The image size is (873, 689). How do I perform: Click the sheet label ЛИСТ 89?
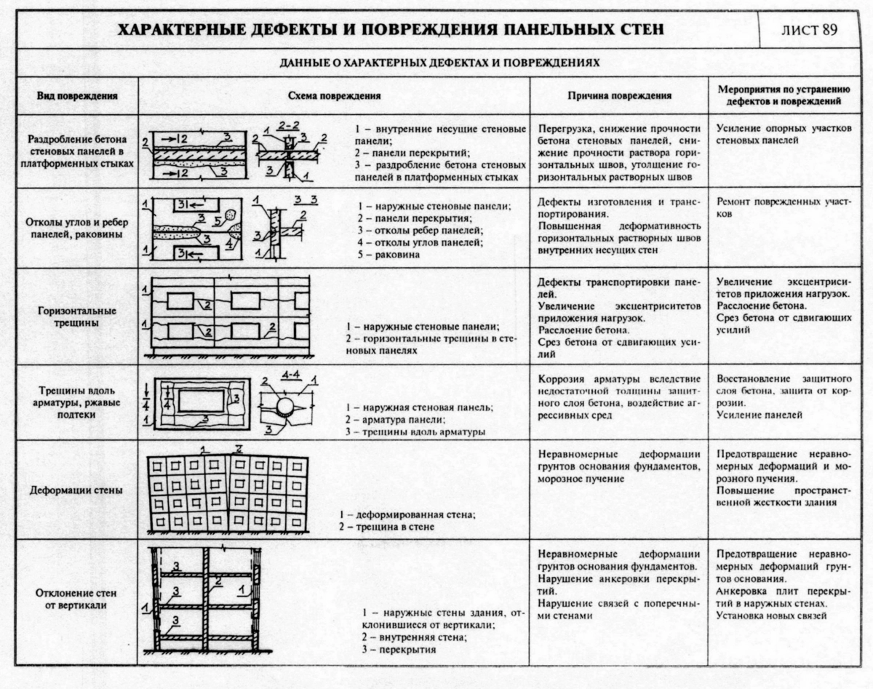coord(809,30)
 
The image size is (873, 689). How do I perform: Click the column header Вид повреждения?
coord(77,96)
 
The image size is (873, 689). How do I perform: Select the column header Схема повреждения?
coord(334,96)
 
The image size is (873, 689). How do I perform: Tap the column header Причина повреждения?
coord(619,96)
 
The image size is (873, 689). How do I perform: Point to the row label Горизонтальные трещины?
coord(76,317)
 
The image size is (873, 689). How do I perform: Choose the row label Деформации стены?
coord(76,490)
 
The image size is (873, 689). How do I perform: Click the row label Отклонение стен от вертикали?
coord(76,599)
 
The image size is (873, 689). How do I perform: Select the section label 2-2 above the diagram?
coord(287,126)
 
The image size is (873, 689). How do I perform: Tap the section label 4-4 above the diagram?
coord(290,375)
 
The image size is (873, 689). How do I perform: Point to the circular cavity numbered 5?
coord(231,215)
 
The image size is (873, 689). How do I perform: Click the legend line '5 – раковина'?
coord(388,255)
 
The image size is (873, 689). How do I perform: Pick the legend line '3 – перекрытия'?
coord(399,649)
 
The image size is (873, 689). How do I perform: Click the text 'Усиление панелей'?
coord(759,415)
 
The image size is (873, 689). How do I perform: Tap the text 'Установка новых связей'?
coord(771,616)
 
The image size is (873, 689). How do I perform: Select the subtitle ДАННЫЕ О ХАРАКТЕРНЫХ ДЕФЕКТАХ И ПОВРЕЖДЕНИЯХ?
coord(439,63)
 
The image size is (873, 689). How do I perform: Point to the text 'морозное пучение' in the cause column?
coord(581,479)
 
